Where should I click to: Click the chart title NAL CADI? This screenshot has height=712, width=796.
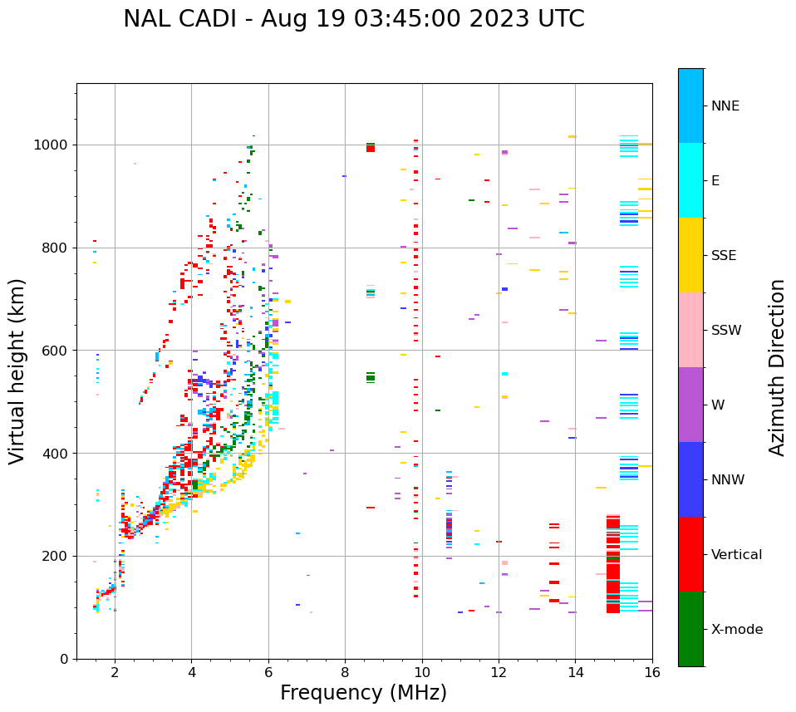pyautogui.click(x=353, y=19)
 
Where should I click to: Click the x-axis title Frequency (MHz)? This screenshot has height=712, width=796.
pyautogui.click(x=363, y=693)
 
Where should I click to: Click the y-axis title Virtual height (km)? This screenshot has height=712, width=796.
pyautogui.click(x=17, y=371)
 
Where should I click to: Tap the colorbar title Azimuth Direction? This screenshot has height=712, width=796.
pyautogui.click(x=777, y=367)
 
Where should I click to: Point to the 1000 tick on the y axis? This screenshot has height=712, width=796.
pyautogui.click(x=55, y=145)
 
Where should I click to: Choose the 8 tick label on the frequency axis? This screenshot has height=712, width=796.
pyautogui.click(x=345, y=672)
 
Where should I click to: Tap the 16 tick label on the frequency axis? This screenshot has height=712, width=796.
pyautogui.click(x=652, y=672)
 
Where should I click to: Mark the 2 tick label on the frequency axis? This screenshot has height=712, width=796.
pyautogui.click(x=115, y=672)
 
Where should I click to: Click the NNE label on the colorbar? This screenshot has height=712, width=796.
pyautogui.click(x=725, y=106)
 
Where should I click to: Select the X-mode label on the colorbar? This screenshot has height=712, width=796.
pyautogui.click(x=736, y=630)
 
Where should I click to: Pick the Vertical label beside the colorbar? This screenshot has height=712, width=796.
pyautogui.click(x=736, y=555)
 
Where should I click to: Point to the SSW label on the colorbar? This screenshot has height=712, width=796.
pyautogui.click(x=726, y=331)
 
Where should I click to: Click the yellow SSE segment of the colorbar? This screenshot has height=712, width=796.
pyautogui.click(x=690, y=255)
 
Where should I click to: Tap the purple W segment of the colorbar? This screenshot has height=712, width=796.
pyautogui.click(x=690, y=405)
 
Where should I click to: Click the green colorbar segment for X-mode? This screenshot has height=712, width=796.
pyautogui.click(x=690, y=629)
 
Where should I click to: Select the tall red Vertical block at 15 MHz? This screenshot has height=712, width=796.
pyautogui.click(x=613, y=565)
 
